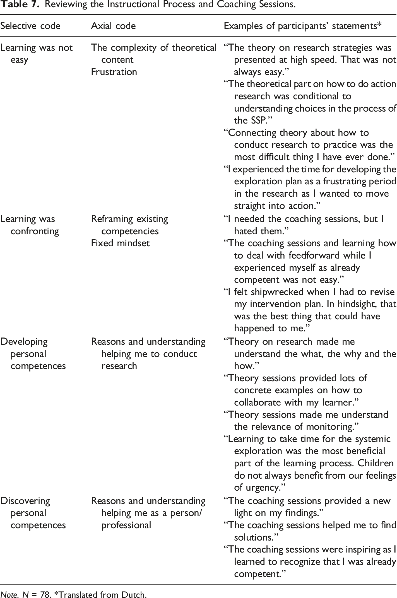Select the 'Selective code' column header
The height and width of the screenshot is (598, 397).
click(30, 26)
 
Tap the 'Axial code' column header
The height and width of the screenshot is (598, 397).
click(113, 26)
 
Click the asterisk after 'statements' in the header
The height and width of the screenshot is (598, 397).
click(379, 25)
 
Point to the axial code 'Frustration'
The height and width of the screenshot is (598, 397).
click(114, 72)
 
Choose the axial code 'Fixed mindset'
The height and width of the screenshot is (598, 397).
click(120, 243)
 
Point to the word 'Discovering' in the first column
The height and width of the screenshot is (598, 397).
click(25, 501)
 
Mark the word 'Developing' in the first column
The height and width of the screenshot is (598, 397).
click(24, 342)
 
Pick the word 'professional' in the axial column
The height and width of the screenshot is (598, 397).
click(126, 525)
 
